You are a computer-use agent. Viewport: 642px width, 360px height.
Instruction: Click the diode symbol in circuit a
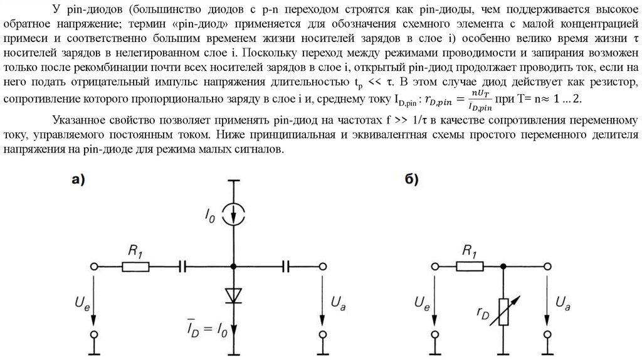coord(234,294)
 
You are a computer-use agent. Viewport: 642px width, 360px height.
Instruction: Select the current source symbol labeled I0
coord(234,213)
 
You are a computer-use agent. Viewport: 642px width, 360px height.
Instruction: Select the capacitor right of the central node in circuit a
coord(287,267)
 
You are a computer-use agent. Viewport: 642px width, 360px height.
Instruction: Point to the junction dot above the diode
coord(234,267)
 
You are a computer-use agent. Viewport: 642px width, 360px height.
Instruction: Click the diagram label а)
coord(78,180)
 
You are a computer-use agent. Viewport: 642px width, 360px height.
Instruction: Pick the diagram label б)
coord(411,180)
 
